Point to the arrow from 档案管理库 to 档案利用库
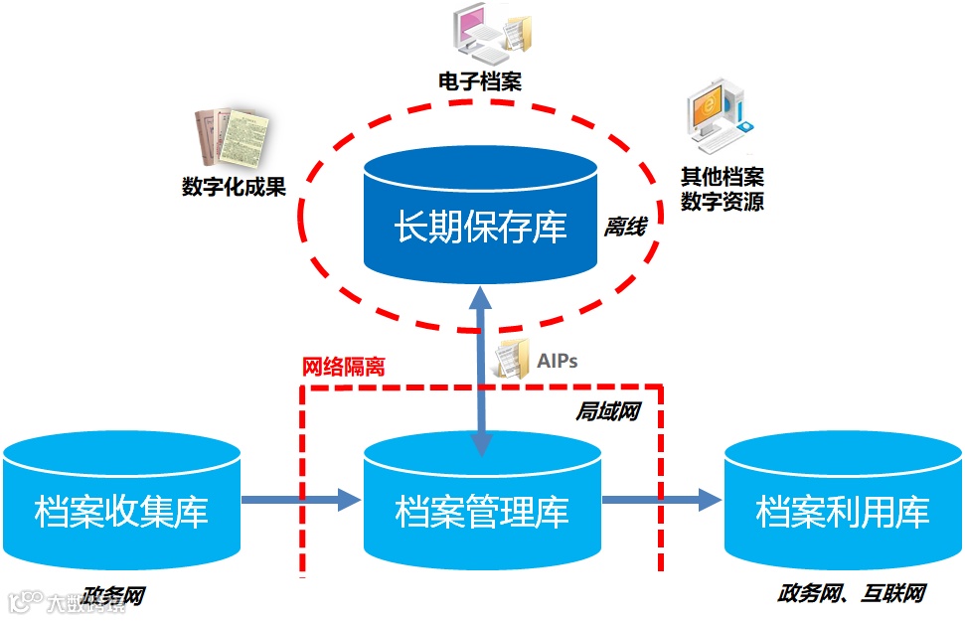[x=661, y=499]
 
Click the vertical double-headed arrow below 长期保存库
[x=481, y=367]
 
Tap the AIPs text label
[x=559, y=358]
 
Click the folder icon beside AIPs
[x=514, y=358]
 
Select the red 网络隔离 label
[x=343, y=366]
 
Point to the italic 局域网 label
[x=607, y=410]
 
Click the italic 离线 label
[x=625, y=228]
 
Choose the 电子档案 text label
[x=480, y=80]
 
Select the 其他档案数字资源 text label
[x=723, y=189]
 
